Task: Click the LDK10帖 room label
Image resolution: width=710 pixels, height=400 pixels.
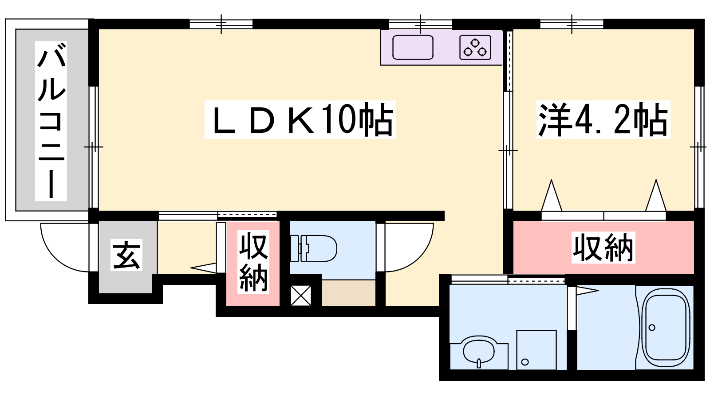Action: [x=300, y=120]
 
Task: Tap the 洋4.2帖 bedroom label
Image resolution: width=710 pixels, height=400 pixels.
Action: [x=603, y=120]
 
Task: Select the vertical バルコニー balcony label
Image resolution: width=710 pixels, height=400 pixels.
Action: [x=51, y=121]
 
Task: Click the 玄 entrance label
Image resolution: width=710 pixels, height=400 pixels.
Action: [x=126, y=255]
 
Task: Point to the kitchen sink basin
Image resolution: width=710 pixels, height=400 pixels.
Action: [x=413, y=47]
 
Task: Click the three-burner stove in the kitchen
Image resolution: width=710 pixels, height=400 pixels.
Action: [x=475, y=47]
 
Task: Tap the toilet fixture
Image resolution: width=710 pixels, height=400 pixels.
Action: [x=313, y=248]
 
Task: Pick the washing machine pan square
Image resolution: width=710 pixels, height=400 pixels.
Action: [x=536, y=350]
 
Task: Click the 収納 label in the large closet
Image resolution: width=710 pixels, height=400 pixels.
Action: [x=603, y=247]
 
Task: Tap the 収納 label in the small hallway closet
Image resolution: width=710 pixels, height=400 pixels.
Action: [x=253, y=262]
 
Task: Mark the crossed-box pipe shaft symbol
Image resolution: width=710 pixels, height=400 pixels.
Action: [x=301, y=296]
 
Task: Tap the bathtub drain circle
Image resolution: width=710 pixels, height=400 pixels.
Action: [x=652, y=327]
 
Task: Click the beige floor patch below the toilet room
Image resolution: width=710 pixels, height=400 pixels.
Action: [x=349, y=293]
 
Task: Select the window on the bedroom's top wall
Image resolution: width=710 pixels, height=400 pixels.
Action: [x=572, y=24]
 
